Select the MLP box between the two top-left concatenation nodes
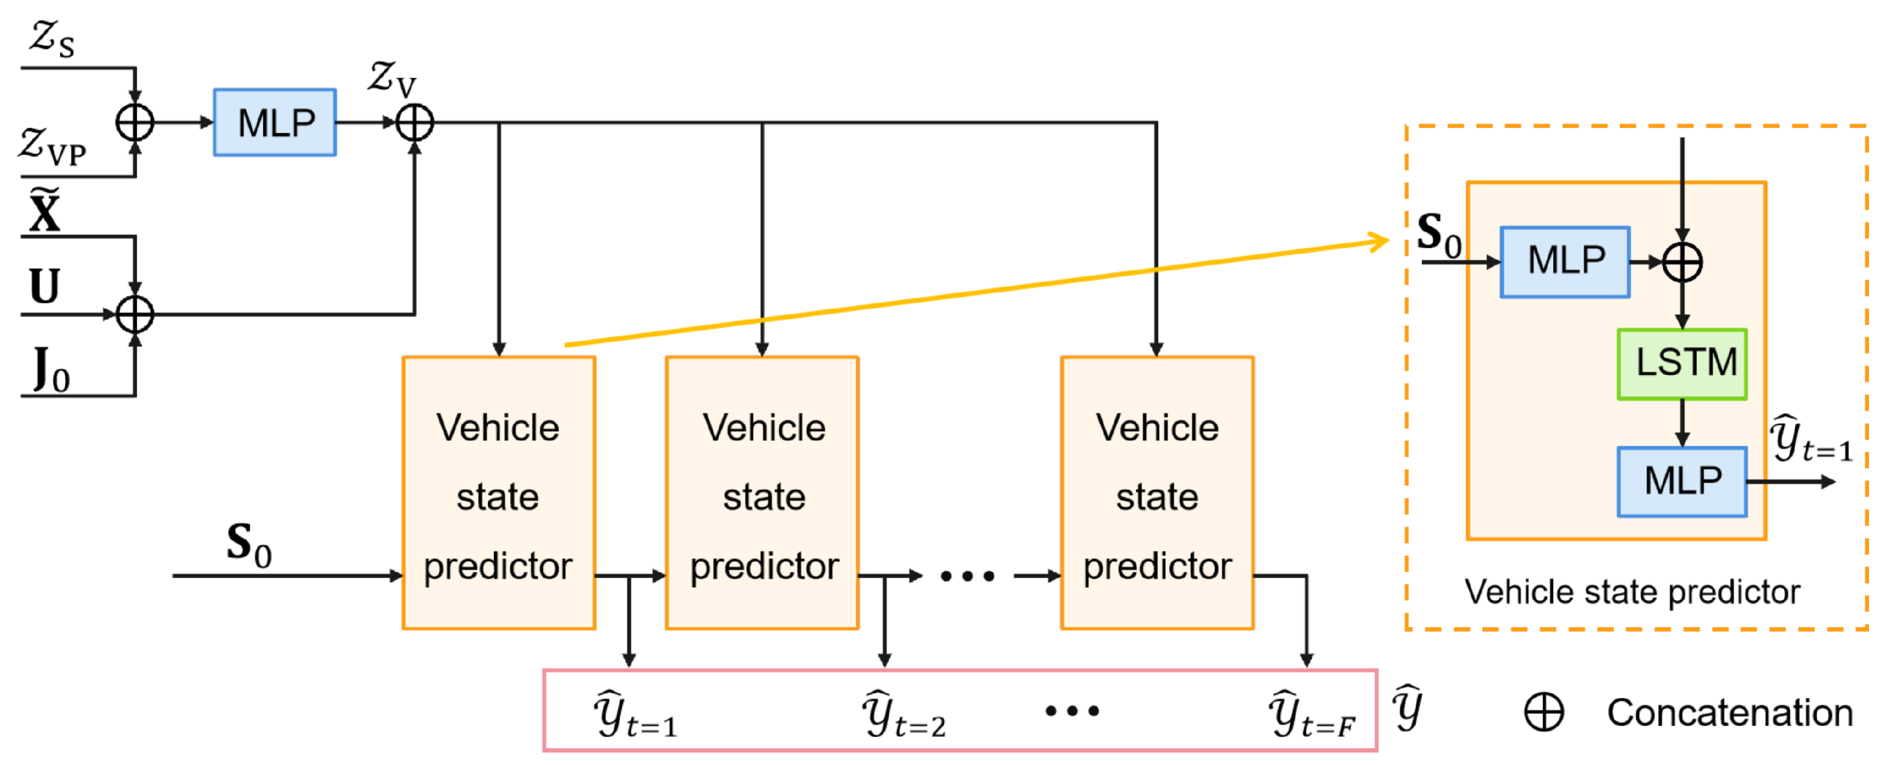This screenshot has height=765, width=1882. [275, 122]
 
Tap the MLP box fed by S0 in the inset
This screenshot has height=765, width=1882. [1564, 262]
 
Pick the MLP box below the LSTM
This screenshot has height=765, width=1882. [1681, 482]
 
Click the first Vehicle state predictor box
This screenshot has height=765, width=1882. [498, 492]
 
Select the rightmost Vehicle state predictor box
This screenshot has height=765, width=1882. [1156, 492]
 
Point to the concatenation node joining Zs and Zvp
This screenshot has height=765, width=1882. [135, 122]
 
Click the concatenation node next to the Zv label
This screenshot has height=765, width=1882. [415, 122]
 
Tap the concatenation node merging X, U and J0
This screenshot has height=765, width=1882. [135, 315]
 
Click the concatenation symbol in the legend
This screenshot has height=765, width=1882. [1544, 712]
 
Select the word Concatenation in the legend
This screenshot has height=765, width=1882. [1729, 712]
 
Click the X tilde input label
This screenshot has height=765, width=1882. [44, 212]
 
